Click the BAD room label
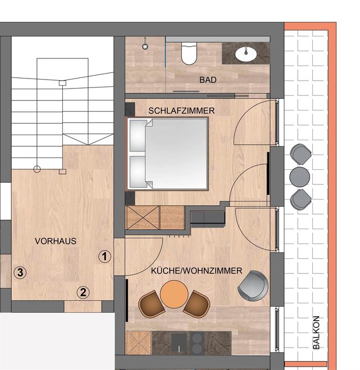(207, 80)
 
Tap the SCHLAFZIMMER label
(182, 110)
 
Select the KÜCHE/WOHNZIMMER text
(196, 271)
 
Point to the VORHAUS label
(56, 241)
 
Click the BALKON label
(316, 332)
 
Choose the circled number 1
(104, 256)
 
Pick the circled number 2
(83, 293)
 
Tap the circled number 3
(20, 272)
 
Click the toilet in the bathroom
(188, 53)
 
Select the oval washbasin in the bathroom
(246, 54)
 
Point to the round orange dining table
(174, 294)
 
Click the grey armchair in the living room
(253, 286)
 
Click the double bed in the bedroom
(168, 154)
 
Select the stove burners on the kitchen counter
(196, 343)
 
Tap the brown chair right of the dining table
(197, 304)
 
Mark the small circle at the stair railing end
(37, 169)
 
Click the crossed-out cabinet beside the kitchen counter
(139, 343)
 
